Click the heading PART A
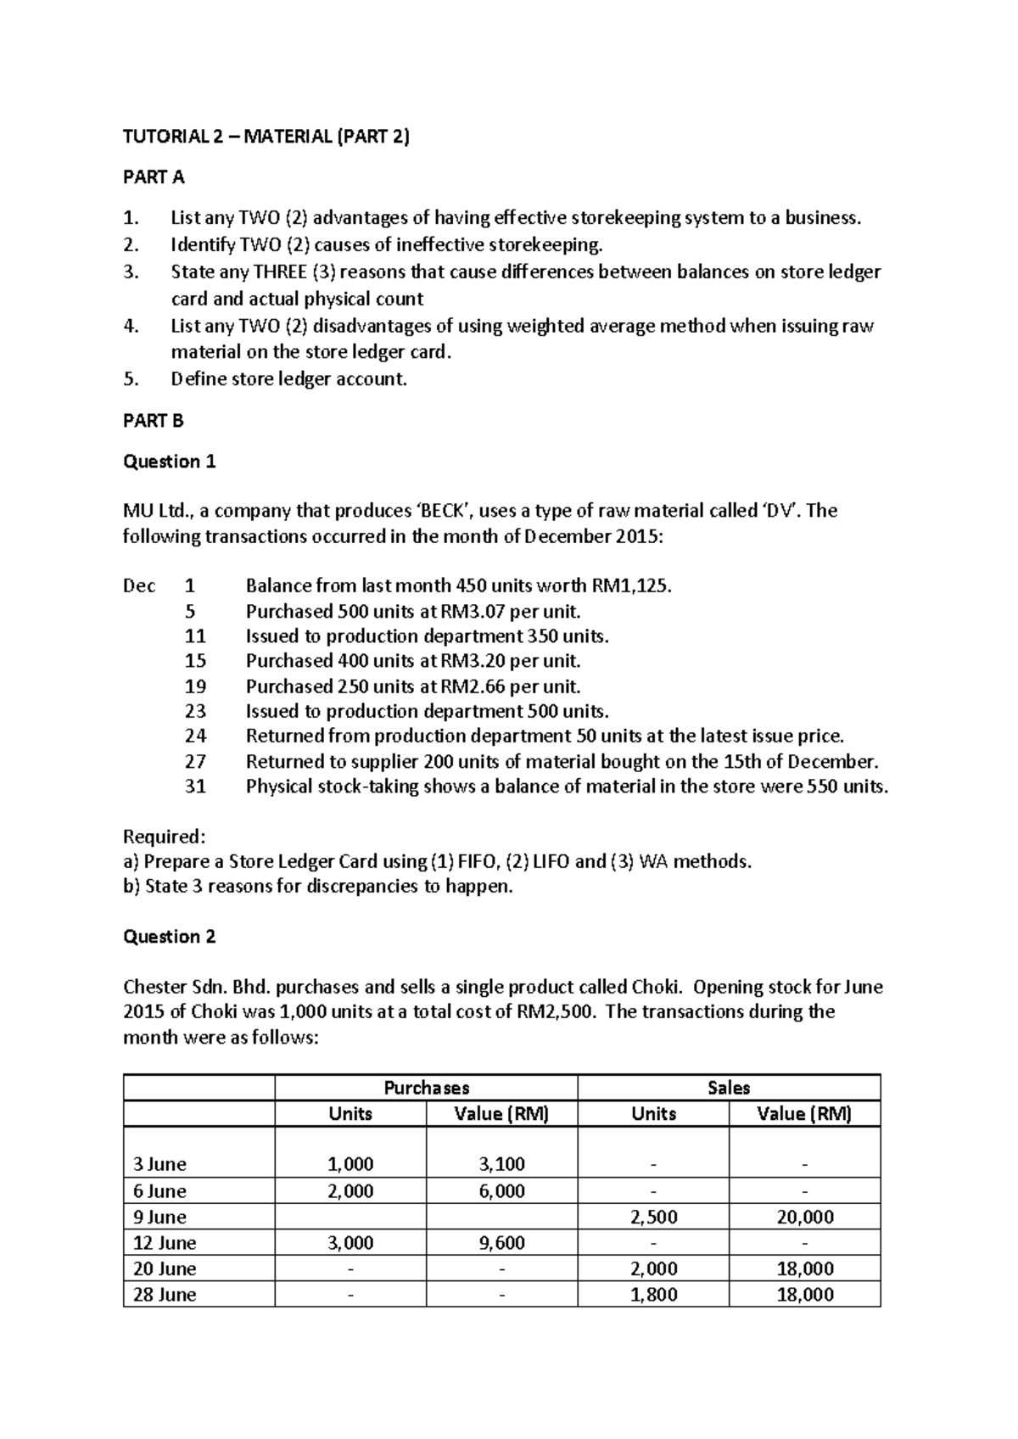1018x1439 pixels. point(154,177)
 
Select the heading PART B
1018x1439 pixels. point(154,421)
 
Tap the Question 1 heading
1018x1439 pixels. point(170,462)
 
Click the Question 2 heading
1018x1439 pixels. point(170,937)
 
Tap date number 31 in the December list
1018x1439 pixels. point(195,787)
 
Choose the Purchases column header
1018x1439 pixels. point(427,1088)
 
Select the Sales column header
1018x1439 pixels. point(729,1088)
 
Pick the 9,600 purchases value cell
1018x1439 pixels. point(502,1243)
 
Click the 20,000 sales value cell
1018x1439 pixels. point(805,1218)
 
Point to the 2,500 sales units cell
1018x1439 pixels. point(654,1218)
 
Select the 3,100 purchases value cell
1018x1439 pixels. point(502,1165)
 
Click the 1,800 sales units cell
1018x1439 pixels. point(654,1295)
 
